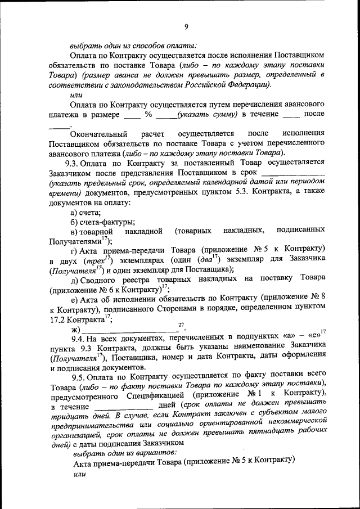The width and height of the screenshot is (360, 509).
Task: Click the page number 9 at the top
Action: pyautogui.click(x=186, y=26)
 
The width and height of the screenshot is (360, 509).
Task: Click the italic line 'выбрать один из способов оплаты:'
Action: pyautogui.click(x=133, y=45)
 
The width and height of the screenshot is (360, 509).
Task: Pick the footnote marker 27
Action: pyautogui.click(x=181, y=325)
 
